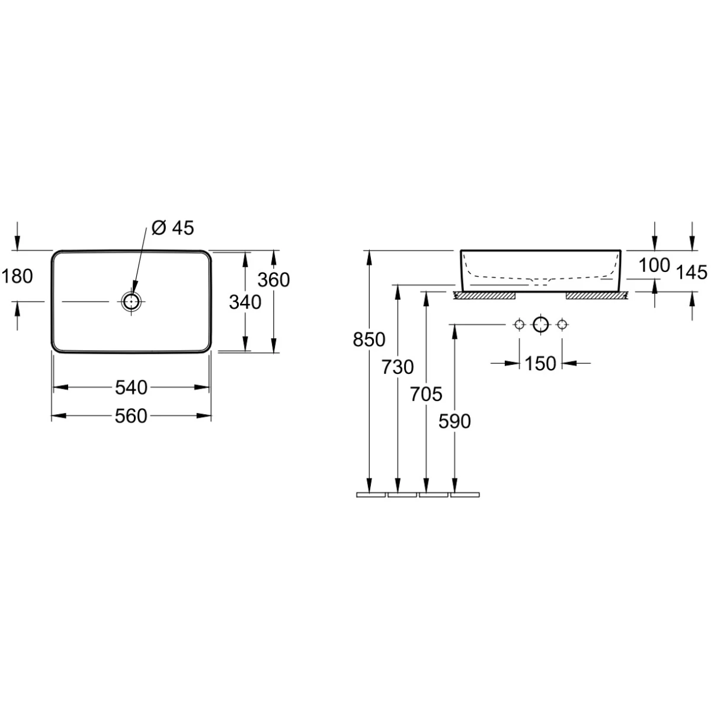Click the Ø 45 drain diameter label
pos(172,228)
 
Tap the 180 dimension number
pos(17,276)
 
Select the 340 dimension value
pos(245,302)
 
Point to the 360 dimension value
pos(273,280)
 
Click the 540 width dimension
pos(131,387)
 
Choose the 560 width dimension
pos(131,416)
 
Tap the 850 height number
pos(369,339)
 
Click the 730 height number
pos(398,367)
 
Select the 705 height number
pos(426,395)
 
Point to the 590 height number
pos(454,421)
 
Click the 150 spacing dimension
pos(540,363)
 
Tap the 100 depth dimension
pos(654,265)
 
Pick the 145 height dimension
pos(692,273)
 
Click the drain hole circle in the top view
pos(132,302)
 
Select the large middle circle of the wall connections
pos(541,325)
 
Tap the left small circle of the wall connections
pos(519,325)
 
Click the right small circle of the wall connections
pos(562,325)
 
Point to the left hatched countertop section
pos(485,296)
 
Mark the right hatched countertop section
pos(597,296)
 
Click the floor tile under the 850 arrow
pos(371,495)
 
